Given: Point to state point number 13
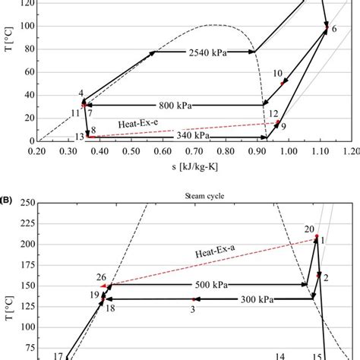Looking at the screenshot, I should [79, 136].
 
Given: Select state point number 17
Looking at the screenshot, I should [58, 355].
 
